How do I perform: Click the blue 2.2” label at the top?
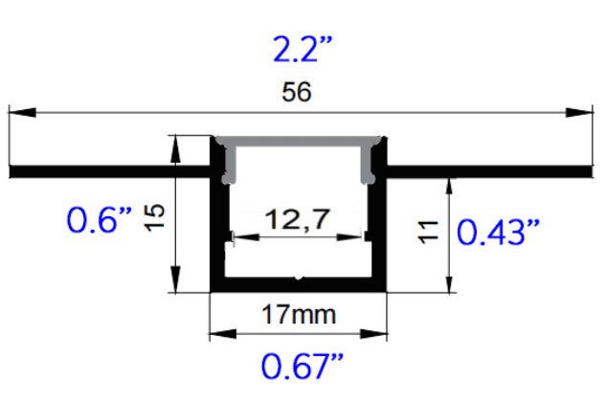(x=301, y=49)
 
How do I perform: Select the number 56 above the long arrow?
(x=297, y=93)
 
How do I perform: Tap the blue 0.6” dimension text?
(x=99, y=221)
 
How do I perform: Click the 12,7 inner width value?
(x=299, y=220)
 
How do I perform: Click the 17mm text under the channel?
(x=299, y=313)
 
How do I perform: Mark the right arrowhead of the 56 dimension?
(x=579, y=113)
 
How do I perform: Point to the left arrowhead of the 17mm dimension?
(x=219, y=334)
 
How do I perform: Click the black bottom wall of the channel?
(x=299, y=285)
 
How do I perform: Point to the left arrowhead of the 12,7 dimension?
(x=237, y=235)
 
